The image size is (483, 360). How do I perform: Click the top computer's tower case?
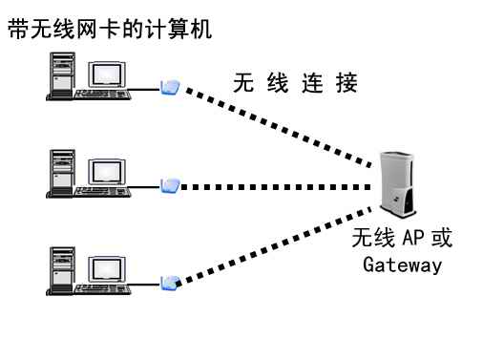point(61,75)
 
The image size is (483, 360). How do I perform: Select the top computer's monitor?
point(107,74)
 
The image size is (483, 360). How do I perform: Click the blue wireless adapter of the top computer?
point(170,88)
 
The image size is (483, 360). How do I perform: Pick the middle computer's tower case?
point(61,173)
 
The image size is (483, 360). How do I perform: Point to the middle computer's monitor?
point(107,172)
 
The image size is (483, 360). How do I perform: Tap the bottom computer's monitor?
point(107,267)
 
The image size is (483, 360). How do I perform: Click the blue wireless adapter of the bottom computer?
point(170,283)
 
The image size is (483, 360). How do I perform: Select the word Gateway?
point(402,265)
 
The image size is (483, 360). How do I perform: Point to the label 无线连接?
point(295,84)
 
